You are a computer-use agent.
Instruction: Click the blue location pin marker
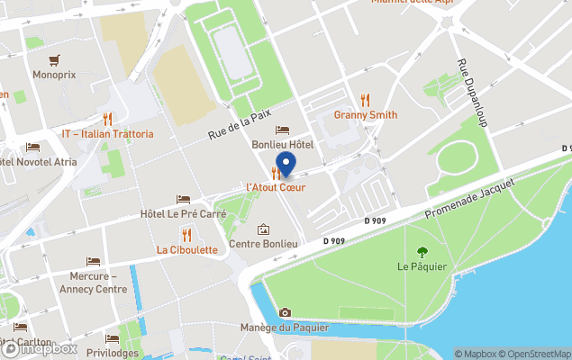point(286,165)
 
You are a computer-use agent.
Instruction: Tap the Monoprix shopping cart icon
point(56,61)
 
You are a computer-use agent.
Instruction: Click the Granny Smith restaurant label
point(365,115)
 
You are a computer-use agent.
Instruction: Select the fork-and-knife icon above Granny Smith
point(365,99)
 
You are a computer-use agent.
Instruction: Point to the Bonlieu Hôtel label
point(283,145)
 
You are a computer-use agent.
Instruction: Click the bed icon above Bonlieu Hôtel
point(283,130)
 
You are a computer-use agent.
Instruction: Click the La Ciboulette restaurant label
point(186,249)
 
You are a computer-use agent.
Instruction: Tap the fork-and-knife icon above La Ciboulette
point(186,234)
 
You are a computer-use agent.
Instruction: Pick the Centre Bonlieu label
point(263,244)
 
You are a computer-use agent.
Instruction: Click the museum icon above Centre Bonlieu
point(263,229)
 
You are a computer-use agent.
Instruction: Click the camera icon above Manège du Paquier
point(285,312)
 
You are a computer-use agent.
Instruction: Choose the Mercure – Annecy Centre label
point(94,283)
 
